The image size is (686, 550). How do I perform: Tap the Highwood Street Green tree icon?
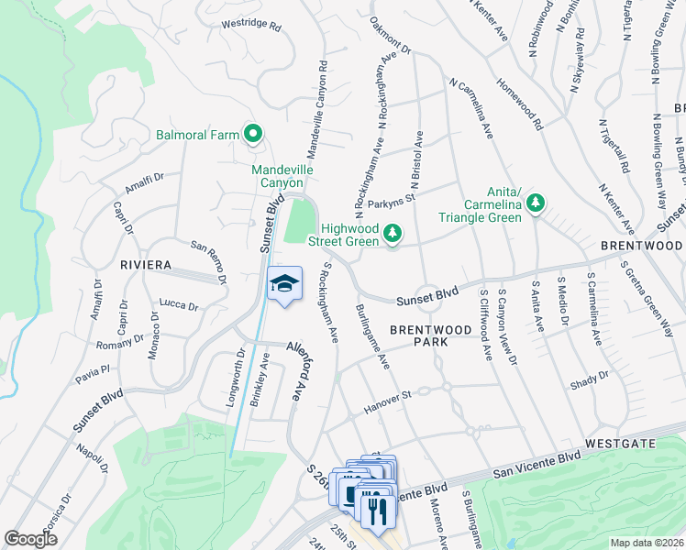[393, 234]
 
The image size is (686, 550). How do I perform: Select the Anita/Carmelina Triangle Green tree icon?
[539, 203]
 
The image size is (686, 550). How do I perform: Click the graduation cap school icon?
[284, 283]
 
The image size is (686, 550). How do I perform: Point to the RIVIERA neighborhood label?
[146, 265]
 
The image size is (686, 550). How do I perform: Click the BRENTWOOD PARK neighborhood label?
[417, 334]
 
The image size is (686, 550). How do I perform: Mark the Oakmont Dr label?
[391, 34]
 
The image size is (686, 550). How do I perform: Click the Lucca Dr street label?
[179, 305]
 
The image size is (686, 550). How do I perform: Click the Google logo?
[30, 539]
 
